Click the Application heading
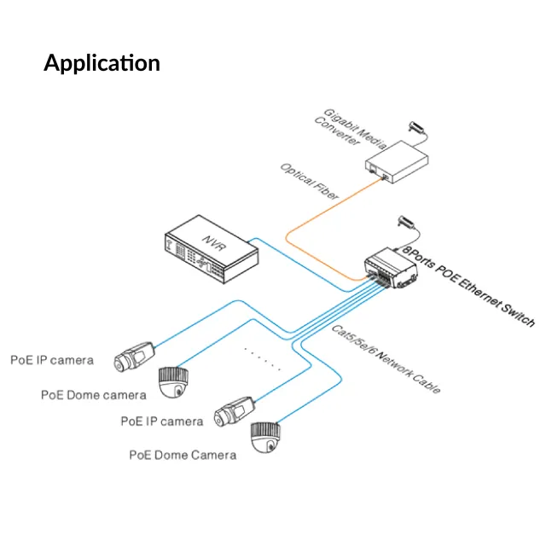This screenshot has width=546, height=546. click(x=102, y=63)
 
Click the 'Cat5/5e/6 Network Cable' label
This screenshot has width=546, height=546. click(x=385, y=358)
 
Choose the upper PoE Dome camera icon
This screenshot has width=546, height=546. click(x=177, y=381)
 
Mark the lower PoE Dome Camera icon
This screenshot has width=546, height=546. click(x=268, y=438)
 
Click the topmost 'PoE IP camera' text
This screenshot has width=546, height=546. click(x=52, y=360)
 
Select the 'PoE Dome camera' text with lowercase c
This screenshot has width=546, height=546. click(x=94, y=394)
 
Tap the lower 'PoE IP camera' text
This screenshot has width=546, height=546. click(x=162, y=421)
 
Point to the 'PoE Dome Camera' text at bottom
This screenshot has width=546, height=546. click(x=183, y=455)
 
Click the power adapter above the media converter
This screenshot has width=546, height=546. click(x=418, y=127)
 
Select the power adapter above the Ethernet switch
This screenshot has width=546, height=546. click(x=406, y=224)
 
